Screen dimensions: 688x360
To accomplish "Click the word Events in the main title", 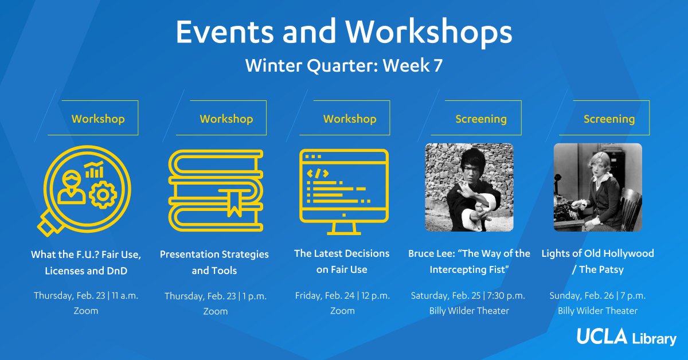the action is tap(225, 32).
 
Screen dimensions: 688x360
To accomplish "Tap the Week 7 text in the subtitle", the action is tap(412, 65).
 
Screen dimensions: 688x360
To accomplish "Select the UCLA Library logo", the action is tap(627, 337).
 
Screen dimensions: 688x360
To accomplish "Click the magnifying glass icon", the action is tap(84, 190).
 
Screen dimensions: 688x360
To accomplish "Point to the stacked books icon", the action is tap(216, 190).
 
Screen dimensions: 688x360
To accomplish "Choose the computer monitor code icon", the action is tap(343, 191).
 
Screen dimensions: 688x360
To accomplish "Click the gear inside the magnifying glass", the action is tap(103, 195).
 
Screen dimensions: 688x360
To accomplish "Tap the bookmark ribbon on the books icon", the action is tap(234, 203).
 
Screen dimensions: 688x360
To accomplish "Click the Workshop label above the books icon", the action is tap(226, 119).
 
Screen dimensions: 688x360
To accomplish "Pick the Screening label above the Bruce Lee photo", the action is tap(481, 119).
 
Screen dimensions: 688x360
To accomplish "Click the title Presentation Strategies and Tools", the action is tap(214, 263).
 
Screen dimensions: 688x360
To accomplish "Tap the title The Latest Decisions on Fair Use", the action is tap(342, 261).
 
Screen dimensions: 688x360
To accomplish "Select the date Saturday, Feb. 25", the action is tap(445, 295).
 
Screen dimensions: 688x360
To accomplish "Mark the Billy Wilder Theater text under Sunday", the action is tap(597, 311).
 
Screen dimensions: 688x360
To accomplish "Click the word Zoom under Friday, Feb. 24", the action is tap(342, 311).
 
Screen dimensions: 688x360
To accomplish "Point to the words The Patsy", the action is tap(601, 269).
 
